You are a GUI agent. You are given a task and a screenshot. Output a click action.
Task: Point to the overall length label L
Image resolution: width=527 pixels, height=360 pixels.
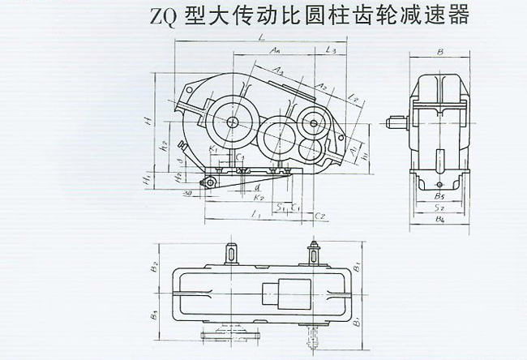[x=258, y=37]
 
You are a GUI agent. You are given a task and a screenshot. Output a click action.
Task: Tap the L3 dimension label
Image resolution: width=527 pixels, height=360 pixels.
[x=330, y=52]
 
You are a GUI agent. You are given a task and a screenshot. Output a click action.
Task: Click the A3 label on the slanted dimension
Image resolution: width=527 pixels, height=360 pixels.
[x=276, y=71]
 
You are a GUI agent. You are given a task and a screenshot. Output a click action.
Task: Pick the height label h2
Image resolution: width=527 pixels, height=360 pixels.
[x=164, y=146]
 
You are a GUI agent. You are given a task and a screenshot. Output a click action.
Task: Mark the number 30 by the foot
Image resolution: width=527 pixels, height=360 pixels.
[x=186, y=193]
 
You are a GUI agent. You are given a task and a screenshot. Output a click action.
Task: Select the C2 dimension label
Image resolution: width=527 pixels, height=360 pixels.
[x=320, y=216]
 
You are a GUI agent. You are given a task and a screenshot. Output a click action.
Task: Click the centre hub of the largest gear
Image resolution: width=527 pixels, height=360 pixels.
[x=233, y=122]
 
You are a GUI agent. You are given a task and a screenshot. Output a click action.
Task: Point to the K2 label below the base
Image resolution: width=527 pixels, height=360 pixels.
[x=258, y=197]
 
